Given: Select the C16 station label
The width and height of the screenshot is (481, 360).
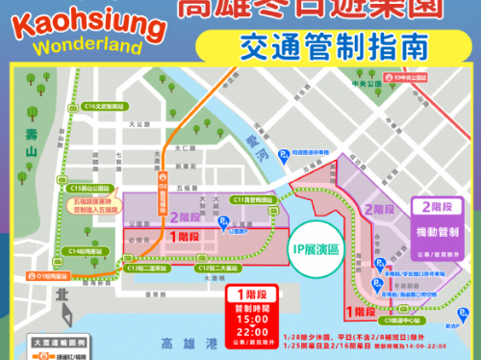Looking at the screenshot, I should tap(105, 106).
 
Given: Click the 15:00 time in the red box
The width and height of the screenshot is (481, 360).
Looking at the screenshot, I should tap(245, 317).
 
